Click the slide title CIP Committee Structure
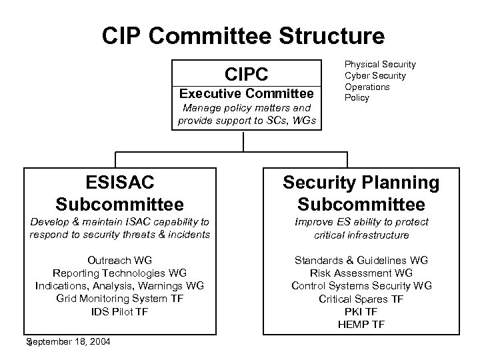click(x=243, y=35)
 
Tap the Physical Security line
click(x=379, y=64)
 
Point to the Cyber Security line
click(x=375, y=75)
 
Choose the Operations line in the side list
click(x=367, y=87)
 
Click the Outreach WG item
click(x=120, y=260)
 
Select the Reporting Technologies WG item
click(x=120, y=273)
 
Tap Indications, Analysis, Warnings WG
click(x=120, y=285)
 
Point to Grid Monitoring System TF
click(x=120, y=298)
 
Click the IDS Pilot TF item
click(x=120, y=311)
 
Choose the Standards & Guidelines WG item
click(x=361, y=260)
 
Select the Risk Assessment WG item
click(x=361, y=273)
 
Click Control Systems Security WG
click(x=361, y=285)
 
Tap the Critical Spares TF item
click(x=361, y=299)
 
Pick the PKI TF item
click(x=361, y=311)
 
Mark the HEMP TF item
click(x=361, y=324)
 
